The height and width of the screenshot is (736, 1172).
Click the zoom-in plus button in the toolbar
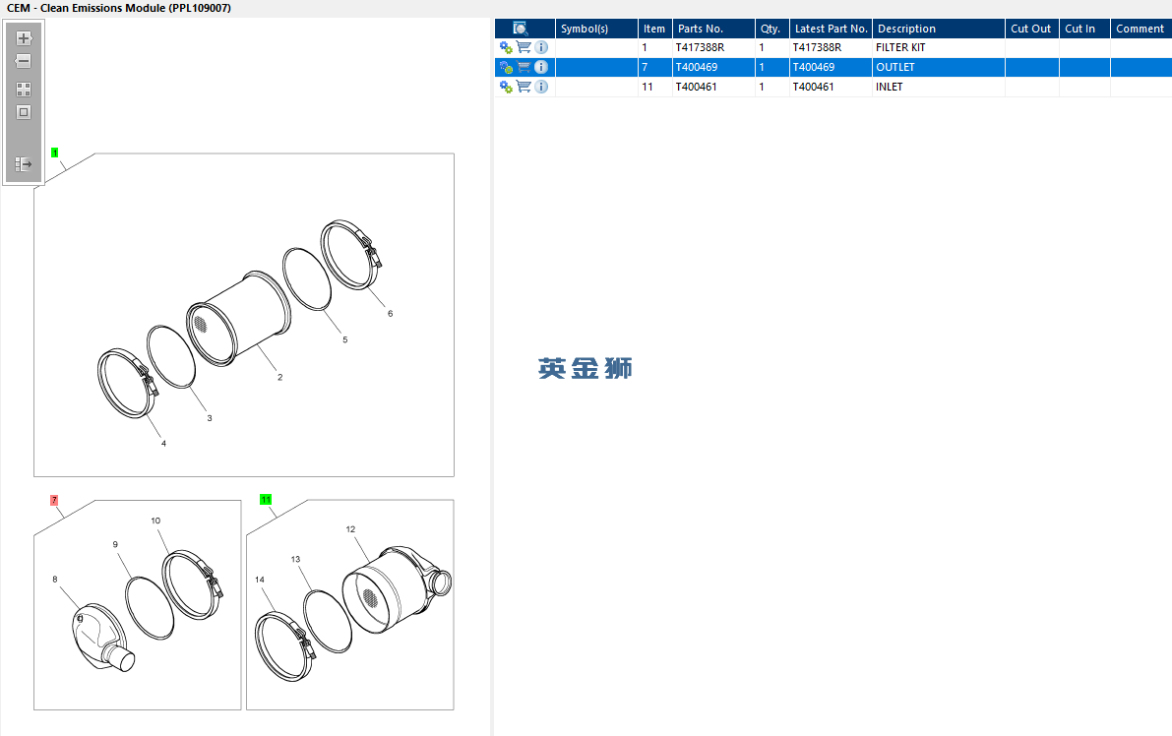coord(24,38)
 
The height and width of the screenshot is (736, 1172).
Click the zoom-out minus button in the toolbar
coord(24,61)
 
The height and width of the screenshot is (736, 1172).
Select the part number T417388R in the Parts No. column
coord(700,47)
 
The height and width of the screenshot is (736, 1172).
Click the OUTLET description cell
coord(895,67)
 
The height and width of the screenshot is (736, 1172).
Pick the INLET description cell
coord(890,87)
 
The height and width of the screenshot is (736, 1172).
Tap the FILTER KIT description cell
coord(900,47)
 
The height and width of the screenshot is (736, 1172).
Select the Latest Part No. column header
coord(831,29)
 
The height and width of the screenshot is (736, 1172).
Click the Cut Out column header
coord(1031,29)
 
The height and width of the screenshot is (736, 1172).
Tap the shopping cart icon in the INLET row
coord(524,87)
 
